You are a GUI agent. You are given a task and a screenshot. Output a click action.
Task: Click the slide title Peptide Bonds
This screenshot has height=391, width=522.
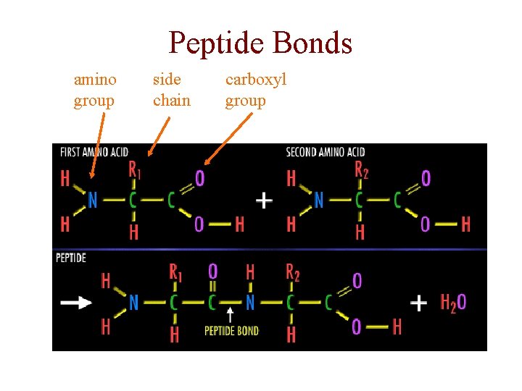point(260,43)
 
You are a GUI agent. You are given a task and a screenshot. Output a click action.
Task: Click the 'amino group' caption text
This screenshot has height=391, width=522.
point(95,90)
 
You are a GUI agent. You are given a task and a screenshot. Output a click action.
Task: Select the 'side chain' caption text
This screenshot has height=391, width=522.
point(172,90)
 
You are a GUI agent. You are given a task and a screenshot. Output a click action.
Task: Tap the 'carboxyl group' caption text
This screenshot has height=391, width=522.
point(256,90)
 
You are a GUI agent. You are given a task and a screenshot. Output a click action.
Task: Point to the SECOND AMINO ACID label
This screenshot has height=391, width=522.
point(325,152)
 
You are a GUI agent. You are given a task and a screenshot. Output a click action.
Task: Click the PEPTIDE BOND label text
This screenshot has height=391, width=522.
point(231,331)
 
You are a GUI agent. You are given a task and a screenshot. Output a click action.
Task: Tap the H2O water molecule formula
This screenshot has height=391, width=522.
point(453,303)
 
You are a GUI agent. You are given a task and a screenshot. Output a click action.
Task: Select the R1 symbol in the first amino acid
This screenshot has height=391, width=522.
point(135,171)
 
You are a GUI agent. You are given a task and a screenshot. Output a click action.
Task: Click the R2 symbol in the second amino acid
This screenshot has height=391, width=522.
point(362,171)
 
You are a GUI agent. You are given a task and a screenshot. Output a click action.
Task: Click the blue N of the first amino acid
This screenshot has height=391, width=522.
point(92,200)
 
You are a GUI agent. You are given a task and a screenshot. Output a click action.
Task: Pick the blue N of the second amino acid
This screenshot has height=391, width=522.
point(318,200)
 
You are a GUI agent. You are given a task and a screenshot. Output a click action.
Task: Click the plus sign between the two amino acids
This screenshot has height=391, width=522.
point(265,200)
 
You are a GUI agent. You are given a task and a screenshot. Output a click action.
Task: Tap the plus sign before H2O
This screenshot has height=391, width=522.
point(419,303)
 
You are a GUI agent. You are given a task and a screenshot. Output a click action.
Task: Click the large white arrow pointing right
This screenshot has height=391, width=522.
point(76,303)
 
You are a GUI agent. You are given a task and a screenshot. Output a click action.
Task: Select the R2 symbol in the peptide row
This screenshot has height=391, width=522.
point(292,273)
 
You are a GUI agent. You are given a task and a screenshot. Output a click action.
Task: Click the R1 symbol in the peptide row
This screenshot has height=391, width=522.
point(175,273)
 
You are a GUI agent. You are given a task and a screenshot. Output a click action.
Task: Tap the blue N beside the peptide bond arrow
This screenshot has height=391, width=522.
point(249,303)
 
